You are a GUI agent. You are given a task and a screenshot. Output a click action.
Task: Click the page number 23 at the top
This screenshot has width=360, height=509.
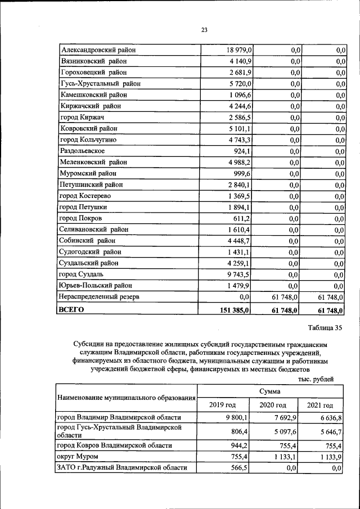pyautogui.click(x=204, y=30)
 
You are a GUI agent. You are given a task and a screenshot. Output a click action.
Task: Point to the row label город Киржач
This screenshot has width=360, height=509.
pyautogui.click(x=83, y=118)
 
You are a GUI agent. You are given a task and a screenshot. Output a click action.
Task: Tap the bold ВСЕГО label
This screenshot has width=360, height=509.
pyautogui.click(x=71, y=309)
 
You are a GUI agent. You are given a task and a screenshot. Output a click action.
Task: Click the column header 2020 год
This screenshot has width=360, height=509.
pyautogui.click(x=272, y=404)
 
